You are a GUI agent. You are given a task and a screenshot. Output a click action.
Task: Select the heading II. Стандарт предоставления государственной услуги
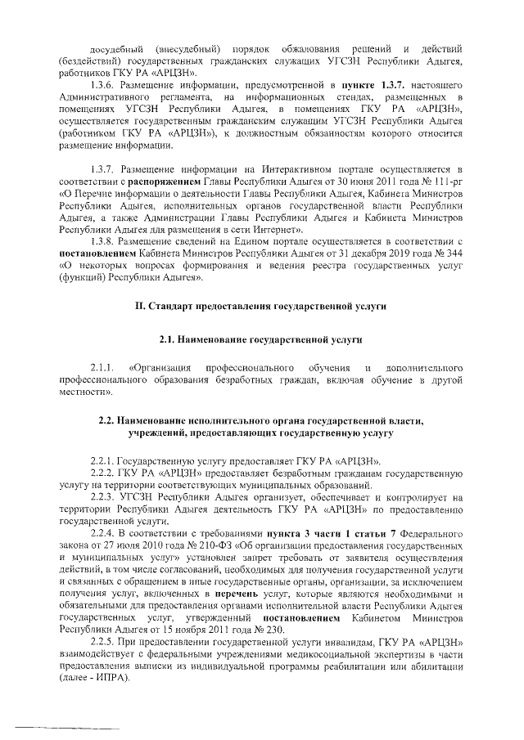pyautogui.click(x=261, y=306)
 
